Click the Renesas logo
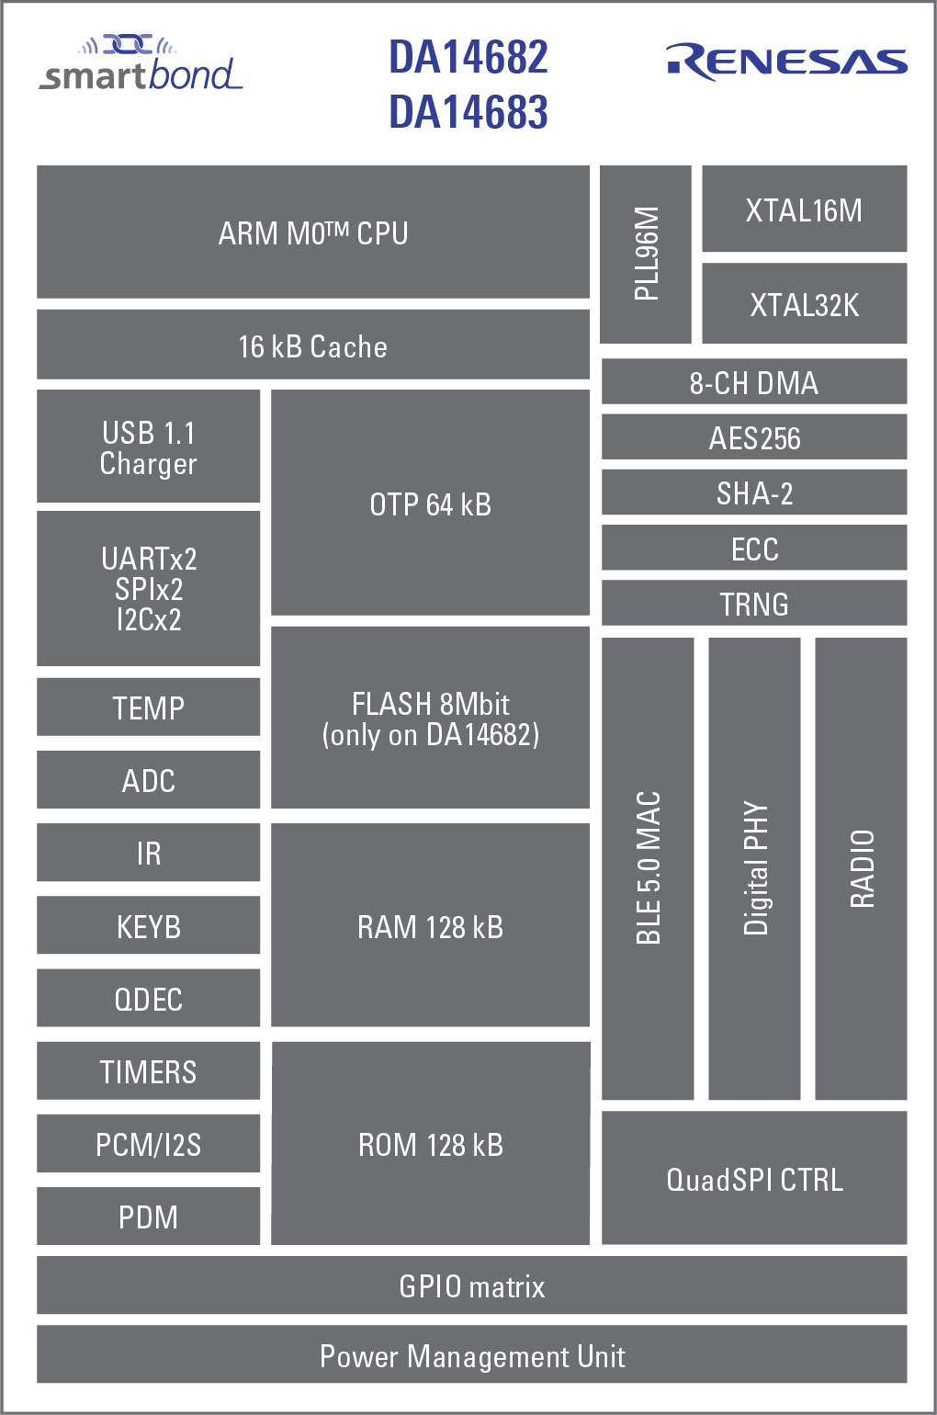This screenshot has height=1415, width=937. (x=786, y=62)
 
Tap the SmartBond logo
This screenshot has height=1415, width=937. (x=141, y=64)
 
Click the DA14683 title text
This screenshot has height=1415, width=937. (x=468, y=112)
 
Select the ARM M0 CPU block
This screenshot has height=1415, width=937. (x=312, y=232)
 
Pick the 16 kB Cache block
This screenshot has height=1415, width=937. (x=312, y=345)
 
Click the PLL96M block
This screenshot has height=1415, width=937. (x=646, y=254)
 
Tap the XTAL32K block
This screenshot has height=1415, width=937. (x=804, y=304)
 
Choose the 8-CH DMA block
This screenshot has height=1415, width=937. (x=753, y=382)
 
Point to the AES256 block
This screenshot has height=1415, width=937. (x=753, y=437)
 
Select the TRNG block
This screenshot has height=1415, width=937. (x=753, y=604)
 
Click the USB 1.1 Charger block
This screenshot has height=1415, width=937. (x=148, y=447)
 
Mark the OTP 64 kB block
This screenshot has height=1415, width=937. (x=430, y=503)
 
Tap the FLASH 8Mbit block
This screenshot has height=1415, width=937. (x=430, y=718)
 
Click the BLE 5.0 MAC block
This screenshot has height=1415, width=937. (x=648, y=868)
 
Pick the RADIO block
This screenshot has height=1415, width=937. (x=861, y=868)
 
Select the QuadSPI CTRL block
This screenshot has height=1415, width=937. (x=753, y=1179)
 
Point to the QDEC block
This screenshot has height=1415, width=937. (x=148, y=998)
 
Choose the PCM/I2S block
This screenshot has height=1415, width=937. (x=148, y=1144)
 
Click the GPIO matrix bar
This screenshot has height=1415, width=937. (x=471, y=1285)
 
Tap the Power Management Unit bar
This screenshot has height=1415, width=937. (x=471, y=1355)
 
